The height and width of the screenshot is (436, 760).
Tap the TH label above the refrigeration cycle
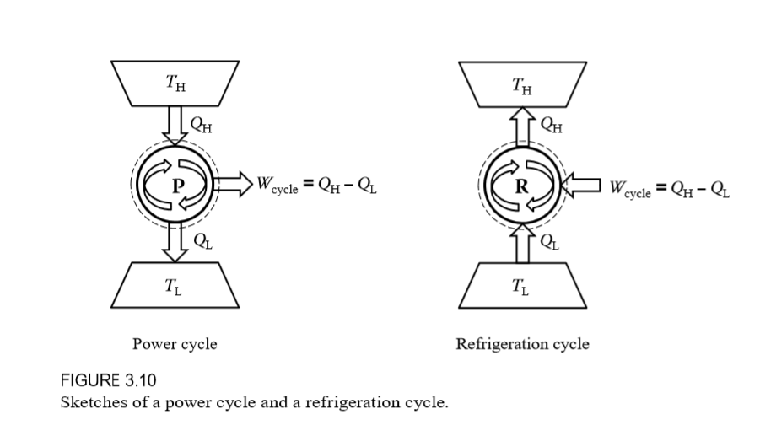523,84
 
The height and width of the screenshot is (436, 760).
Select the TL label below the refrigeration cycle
523,283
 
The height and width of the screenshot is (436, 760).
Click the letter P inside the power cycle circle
177,187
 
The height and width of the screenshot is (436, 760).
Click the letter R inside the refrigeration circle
523,187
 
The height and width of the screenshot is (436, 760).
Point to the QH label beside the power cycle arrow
202,128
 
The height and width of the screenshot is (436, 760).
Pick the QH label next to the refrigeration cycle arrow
550,128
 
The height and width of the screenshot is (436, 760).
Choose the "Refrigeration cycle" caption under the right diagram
522,344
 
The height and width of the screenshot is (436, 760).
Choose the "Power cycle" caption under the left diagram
175,344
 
